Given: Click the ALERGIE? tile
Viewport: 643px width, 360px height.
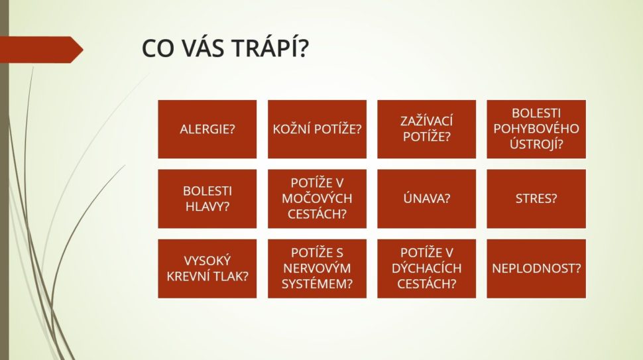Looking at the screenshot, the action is tap(207, 129).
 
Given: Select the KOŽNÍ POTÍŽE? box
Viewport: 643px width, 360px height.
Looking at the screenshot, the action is tap(317, 129).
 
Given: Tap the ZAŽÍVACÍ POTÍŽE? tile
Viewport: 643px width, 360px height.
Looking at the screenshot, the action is tap(426, 129).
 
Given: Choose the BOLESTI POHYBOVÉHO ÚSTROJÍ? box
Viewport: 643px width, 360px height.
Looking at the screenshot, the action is tap(536, 129).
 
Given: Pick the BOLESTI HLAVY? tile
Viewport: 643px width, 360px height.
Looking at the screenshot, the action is tap(207, 199).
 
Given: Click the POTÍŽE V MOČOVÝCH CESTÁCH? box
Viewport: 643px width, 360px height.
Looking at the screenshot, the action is tap(317, 199).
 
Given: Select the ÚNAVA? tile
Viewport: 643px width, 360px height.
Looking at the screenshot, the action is tap(426, 199).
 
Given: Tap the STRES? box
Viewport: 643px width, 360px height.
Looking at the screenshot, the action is tap(536, 199).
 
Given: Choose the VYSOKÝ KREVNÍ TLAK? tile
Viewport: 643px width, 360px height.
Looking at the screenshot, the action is tap(207, 269).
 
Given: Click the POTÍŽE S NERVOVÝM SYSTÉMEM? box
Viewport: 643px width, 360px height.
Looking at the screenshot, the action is tap(317, 269).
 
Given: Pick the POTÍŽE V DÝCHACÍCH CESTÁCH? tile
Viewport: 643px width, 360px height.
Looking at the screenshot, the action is tap(426, 269).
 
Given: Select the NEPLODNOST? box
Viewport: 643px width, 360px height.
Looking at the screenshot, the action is tap(536, 269).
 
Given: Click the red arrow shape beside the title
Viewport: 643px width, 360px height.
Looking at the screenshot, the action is tap(41, 50).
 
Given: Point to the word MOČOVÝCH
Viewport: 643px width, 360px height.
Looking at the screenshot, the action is tap(317, 198).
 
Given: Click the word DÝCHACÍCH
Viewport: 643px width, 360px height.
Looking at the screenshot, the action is tap(426, 268).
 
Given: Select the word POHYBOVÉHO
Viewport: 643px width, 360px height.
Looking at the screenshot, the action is tap(536, 129).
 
